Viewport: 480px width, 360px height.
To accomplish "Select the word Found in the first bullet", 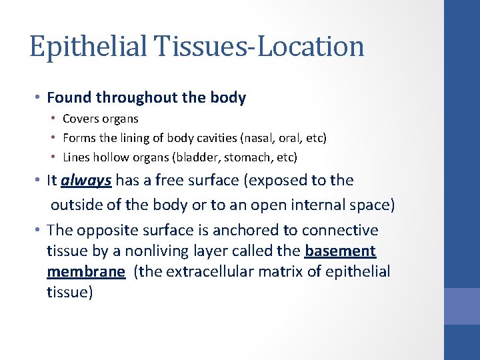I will (69, 98).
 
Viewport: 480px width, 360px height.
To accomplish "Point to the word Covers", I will (81, 119).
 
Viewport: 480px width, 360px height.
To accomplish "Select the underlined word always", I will (87, 181).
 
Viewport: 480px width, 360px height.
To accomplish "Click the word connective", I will (340, 230).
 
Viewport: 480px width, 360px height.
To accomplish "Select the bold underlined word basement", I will (340, 251).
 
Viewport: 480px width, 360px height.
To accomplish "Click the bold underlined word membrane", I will (86, 272).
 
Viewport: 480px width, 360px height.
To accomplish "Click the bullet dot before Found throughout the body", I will (39, 99).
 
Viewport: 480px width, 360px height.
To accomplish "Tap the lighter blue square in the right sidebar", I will (462, 306).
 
